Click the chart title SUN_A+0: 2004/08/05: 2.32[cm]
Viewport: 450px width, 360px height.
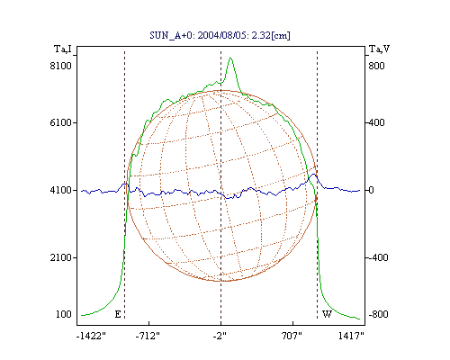coord(220,36)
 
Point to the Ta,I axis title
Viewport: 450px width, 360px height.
coord(63,49)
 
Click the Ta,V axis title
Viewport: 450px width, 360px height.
coord(379,49)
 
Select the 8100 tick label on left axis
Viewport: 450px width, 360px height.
coord(61,66)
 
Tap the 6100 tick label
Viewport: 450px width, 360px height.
coord(61,122)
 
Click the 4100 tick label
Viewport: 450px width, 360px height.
coord(61,190)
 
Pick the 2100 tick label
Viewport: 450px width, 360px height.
coord(61,257)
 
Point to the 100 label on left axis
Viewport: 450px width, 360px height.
coord(64,314)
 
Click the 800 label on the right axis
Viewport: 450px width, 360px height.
coord(376,66)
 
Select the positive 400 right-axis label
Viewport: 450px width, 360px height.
coord(376,122)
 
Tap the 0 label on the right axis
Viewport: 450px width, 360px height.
coord(371,190)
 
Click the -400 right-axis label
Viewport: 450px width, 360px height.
coord(378,257)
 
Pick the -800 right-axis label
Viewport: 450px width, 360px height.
coord(378,314)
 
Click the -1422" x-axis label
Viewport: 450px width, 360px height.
coord(91,336)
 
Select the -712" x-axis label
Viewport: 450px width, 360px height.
coord(148,336)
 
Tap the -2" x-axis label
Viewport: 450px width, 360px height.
coord(220,336)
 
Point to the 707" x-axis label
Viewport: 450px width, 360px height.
coord(292,336)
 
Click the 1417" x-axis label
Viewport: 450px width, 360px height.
coord(351,336)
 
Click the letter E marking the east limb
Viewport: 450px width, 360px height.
coord(118,314)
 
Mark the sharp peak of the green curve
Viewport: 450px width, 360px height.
coord(230,58)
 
